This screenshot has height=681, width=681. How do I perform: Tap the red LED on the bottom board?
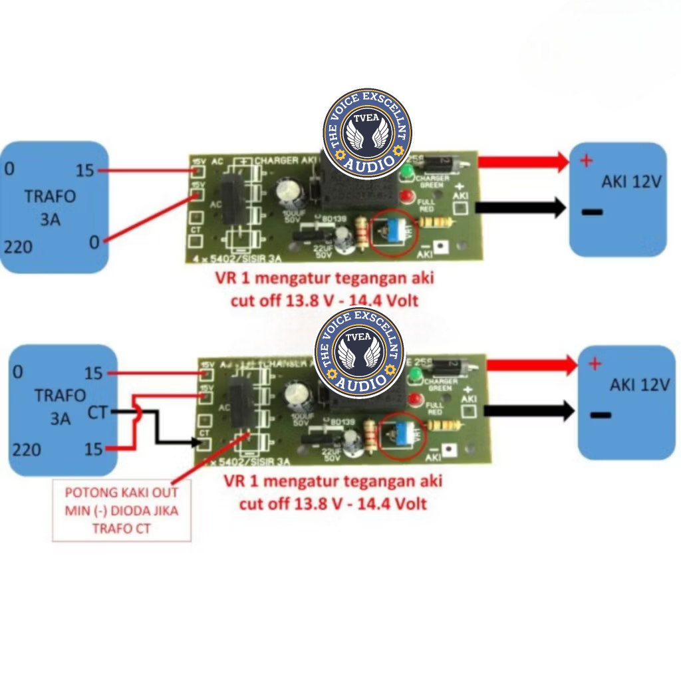point(416,400)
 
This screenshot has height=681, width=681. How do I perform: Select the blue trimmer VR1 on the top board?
point(393,229)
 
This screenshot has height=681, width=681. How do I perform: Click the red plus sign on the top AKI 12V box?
point(586,160)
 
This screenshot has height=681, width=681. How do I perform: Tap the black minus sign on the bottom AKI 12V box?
point(600,416)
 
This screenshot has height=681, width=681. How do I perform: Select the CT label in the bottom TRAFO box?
point(97,413)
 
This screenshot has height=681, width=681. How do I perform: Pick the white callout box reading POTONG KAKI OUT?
point(121,511)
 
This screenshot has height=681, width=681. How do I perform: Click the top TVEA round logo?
point(367,134)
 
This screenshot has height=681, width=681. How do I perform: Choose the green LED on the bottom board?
point(412,378)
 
